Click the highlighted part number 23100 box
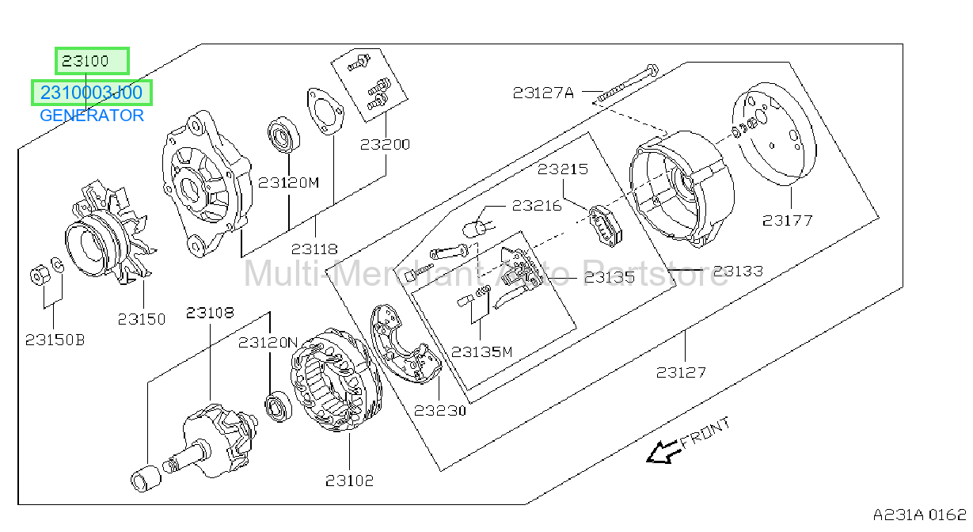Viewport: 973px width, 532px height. point(92,61)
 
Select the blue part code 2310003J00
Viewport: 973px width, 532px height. point(92,93)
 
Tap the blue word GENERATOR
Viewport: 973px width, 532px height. point(92,116)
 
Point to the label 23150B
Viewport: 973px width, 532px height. point(55,340)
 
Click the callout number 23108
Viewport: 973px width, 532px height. point(211,312)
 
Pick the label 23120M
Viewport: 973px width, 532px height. point(289,183)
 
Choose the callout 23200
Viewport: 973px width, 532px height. point(386,144)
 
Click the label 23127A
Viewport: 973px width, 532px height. point(543,93)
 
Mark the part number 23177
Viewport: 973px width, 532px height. point(787,221)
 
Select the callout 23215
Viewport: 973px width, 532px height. point(563,169)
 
